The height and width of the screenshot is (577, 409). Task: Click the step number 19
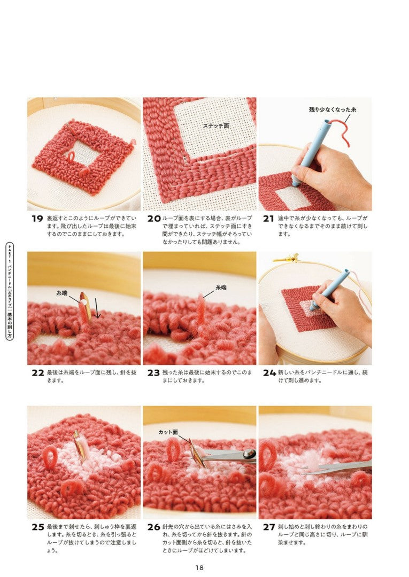tap(37, 219)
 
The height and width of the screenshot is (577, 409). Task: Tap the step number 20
tap(154, 219)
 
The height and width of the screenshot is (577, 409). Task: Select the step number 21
tap(268, 219)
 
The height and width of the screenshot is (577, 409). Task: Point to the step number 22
tap(38, 373)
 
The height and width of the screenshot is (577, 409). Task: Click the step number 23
tap(153, 373)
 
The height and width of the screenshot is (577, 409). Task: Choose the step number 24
tap(269, 373)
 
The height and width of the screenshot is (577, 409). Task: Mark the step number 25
tap(38, 527)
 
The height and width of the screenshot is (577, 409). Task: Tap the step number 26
tap(154, 527)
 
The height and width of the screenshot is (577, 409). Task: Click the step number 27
tap(269, 527)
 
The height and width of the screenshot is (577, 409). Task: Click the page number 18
tap(199, 568)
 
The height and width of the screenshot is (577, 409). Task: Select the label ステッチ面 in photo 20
tap(216, 126)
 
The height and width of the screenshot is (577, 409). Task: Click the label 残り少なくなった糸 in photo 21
tap(333, 110)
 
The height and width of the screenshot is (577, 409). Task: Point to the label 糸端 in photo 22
tap(62, 293)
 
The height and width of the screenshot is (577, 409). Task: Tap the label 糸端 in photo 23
tap(221, 287)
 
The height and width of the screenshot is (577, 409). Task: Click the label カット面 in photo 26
tap(168, 432)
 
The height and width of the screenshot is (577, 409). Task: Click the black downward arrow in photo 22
tap(97, 308)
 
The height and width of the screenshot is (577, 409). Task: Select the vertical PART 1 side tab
tap(10, 291)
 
